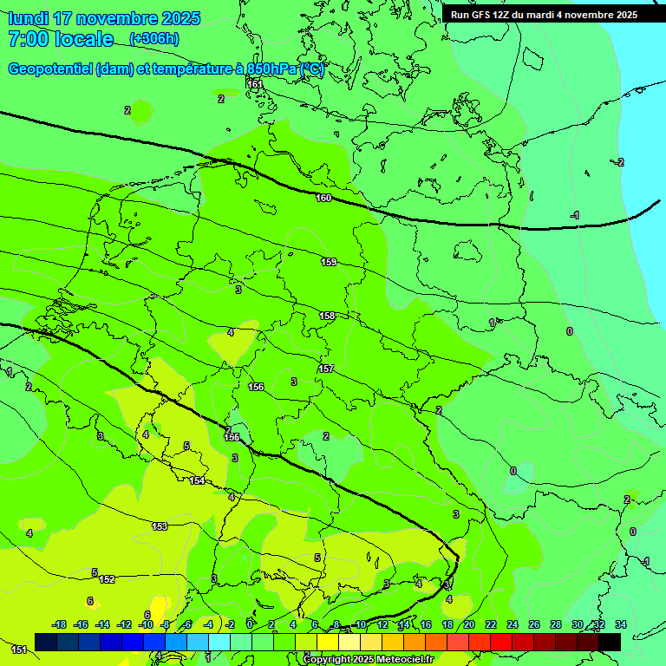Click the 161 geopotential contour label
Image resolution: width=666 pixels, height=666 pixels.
pyautogui.click(x=254, y=84)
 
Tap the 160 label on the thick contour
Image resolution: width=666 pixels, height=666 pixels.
pyautogui.click(x=323, y=199)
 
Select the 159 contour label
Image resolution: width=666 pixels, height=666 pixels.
pyautogui.click(x=329, y=262)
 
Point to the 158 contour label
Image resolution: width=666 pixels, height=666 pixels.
pyautogui.click(x=327, y=316)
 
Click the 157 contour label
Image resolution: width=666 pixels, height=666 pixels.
pyautogui.click(x=325, y=369)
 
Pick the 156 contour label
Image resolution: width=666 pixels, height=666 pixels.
pyautogui.click(x=256, y=387)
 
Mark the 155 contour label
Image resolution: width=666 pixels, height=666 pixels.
pyautogui.click(x=232, y=438)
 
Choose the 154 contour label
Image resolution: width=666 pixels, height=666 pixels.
pyautogui.click(x=198, y=480)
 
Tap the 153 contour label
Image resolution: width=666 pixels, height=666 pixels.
pyautogui.click(x=160, y=526)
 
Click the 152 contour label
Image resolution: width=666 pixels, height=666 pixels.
pyautogui.click(x=107, y=579)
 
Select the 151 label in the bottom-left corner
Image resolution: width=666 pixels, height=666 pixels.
pyautogui.click(x=18, y=649)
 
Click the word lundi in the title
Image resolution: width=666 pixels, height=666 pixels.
pyautogui.click(x=28, y=18)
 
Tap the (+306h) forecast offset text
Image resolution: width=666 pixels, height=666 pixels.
pyautogui.click(x=153, y=39)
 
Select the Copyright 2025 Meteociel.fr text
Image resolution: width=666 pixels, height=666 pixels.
pyautogui.click(x=368, y=660)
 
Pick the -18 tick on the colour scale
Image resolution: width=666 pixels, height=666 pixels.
pyautogui.click(x=60, y=624)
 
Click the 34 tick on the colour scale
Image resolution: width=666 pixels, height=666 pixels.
pyautogui.click(x=620, y=624)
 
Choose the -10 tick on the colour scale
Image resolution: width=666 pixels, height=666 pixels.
pyautogui.click(x=146, y=624)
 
